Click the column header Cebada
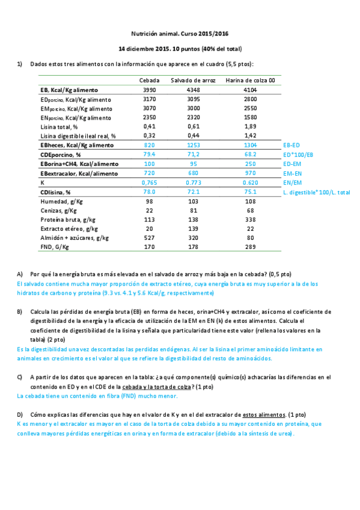point(150,80)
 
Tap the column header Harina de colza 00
point(251,80)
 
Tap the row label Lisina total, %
point(59,127)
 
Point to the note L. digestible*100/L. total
point(316,192)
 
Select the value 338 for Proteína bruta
point(251,220)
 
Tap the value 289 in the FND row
point(251,247)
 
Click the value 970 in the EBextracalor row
point(251,173)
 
